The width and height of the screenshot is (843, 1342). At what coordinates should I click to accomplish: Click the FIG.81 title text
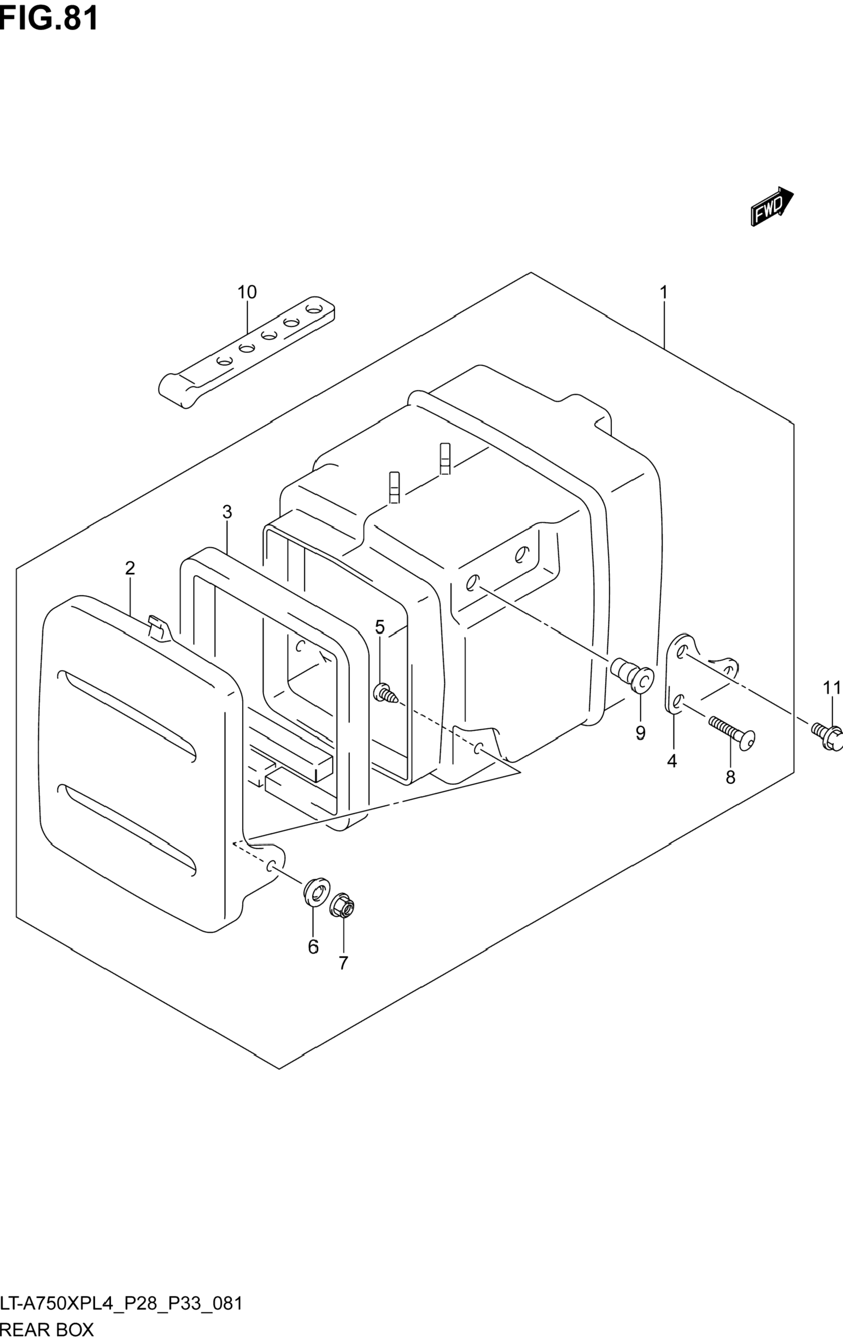click(49, 18)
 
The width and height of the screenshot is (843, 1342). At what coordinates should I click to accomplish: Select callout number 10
click(247, 292)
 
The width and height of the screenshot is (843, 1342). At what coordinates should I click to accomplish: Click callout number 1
click(664, 292)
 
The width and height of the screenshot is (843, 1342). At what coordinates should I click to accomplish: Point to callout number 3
click(227, 512)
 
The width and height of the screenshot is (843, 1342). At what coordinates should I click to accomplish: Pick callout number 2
click(130, 569)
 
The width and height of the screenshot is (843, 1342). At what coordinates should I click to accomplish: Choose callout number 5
click(379, 627)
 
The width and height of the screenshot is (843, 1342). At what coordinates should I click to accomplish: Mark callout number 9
click(640, 733)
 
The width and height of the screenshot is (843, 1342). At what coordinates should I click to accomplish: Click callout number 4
click(672, 760)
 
